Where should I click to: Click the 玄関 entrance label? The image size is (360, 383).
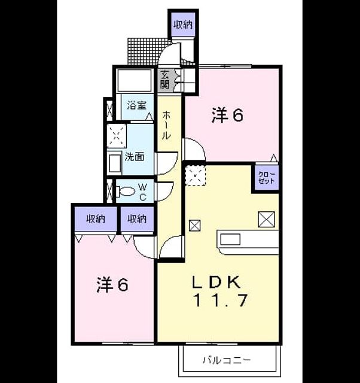click(x=164, y=79)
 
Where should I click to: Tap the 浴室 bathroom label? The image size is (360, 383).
click(x=137, y=105)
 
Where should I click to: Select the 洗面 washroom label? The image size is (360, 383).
click(x=135, y=157)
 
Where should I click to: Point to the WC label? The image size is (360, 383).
click(x=143, y=192)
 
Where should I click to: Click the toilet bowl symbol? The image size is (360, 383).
click(x=126, y=191)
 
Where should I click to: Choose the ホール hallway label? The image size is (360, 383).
click(x=166, y=124)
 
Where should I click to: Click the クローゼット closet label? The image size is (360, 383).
click(x=267, y=178)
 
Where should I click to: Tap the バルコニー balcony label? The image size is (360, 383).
click(x=227, y=360)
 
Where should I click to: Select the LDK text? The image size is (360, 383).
click(x=216, y=282)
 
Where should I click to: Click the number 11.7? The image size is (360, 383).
click(x=221, y=300)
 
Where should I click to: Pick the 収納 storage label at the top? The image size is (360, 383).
click(x=183, y=25)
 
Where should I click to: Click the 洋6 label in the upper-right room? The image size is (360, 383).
click(x=227, y=115)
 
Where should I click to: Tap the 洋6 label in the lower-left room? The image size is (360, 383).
click(x=112, y=285)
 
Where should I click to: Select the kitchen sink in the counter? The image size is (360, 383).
click(x=230, y=239)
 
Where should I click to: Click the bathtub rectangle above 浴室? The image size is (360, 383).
click(x=134, y=81)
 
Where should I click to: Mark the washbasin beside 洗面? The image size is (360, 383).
click(x=115, y=163)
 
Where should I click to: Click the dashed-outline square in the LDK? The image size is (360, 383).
click(x=196, y=175)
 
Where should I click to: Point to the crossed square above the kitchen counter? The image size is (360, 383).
click(x=267, y=220)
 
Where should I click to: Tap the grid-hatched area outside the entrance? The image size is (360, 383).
click(x=147, y=51)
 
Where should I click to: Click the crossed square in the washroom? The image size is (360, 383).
click(x=117, y=136)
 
